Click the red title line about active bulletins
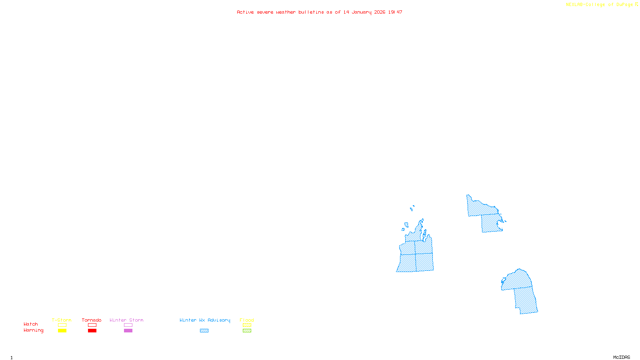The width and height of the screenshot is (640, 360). [319, 12]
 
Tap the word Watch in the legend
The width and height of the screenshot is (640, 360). [31, 324]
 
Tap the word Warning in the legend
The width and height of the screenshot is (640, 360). [33, 330]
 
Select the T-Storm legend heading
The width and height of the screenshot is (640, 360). [62, 320]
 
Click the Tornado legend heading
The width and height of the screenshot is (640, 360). [92, 320]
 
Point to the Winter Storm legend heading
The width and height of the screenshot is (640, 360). [126, 320]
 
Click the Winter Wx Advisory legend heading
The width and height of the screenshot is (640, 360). [205, 320]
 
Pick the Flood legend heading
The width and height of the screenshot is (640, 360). [247, 320]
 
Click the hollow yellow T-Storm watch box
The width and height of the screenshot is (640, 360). [62, 325]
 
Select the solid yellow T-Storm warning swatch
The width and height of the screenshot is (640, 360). [62, 331]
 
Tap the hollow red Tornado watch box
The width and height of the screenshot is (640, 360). [92, 325]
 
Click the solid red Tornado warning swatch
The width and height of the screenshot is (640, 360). [92, 331]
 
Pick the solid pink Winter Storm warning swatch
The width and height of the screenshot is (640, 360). [128, 331]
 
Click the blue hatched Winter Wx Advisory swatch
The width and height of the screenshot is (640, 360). [204, 331]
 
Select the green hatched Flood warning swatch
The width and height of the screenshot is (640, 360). [247, 331]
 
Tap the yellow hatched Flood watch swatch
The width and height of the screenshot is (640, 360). [247, 325]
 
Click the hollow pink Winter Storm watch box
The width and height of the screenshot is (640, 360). [128, 325]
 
